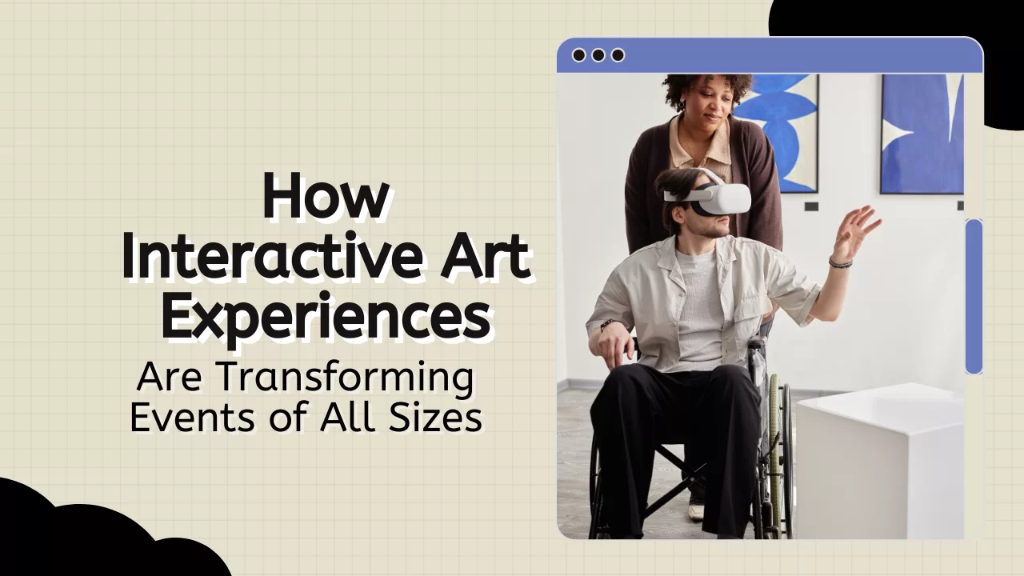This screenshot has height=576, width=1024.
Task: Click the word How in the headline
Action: (326, 196)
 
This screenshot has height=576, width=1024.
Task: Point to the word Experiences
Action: (326, 316)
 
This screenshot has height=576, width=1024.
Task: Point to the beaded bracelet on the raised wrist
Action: (841, 262)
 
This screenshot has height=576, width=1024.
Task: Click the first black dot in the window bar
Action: (578, 55)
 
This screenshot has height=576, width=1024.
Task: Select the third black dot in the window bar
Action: (618, 55)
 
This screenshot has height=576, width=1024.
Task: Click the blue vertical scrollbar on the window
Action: (974, 296)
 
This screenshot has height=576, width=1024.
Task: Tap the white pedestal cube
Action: (880, 462)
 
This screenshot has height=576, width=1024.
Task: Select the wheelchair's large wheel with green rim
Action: (777, 457)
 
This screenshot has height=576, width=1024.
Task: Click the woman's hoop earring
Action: (681, 105)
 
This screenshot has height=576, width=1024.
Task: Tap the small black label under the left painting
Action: (811, 206)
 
